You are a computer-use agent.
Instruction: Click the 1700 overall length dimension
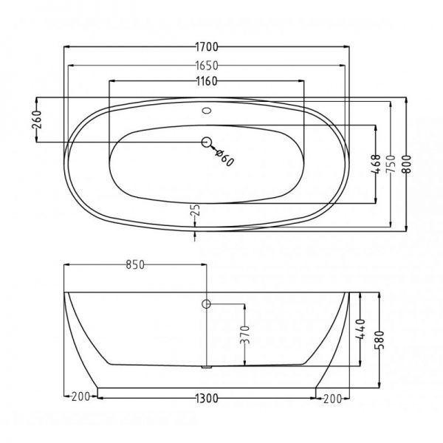207,47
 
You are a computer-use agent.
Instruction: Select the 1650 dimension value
207,66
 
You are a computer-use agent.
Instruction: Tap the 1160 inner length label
207,81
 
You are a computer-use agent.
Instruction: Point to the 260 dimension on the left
37,120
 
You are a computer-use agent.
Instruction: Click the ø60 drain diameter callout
224,158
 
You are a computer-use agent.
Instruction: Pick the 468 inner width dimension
376,164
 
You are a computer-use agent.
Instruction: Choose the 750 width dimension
391,164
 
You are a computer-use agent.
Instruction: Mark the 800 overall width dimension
406,164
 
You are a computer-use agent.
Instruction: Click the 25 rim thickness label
196,210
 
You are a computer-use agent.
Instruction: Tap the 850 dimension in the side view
135,265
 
